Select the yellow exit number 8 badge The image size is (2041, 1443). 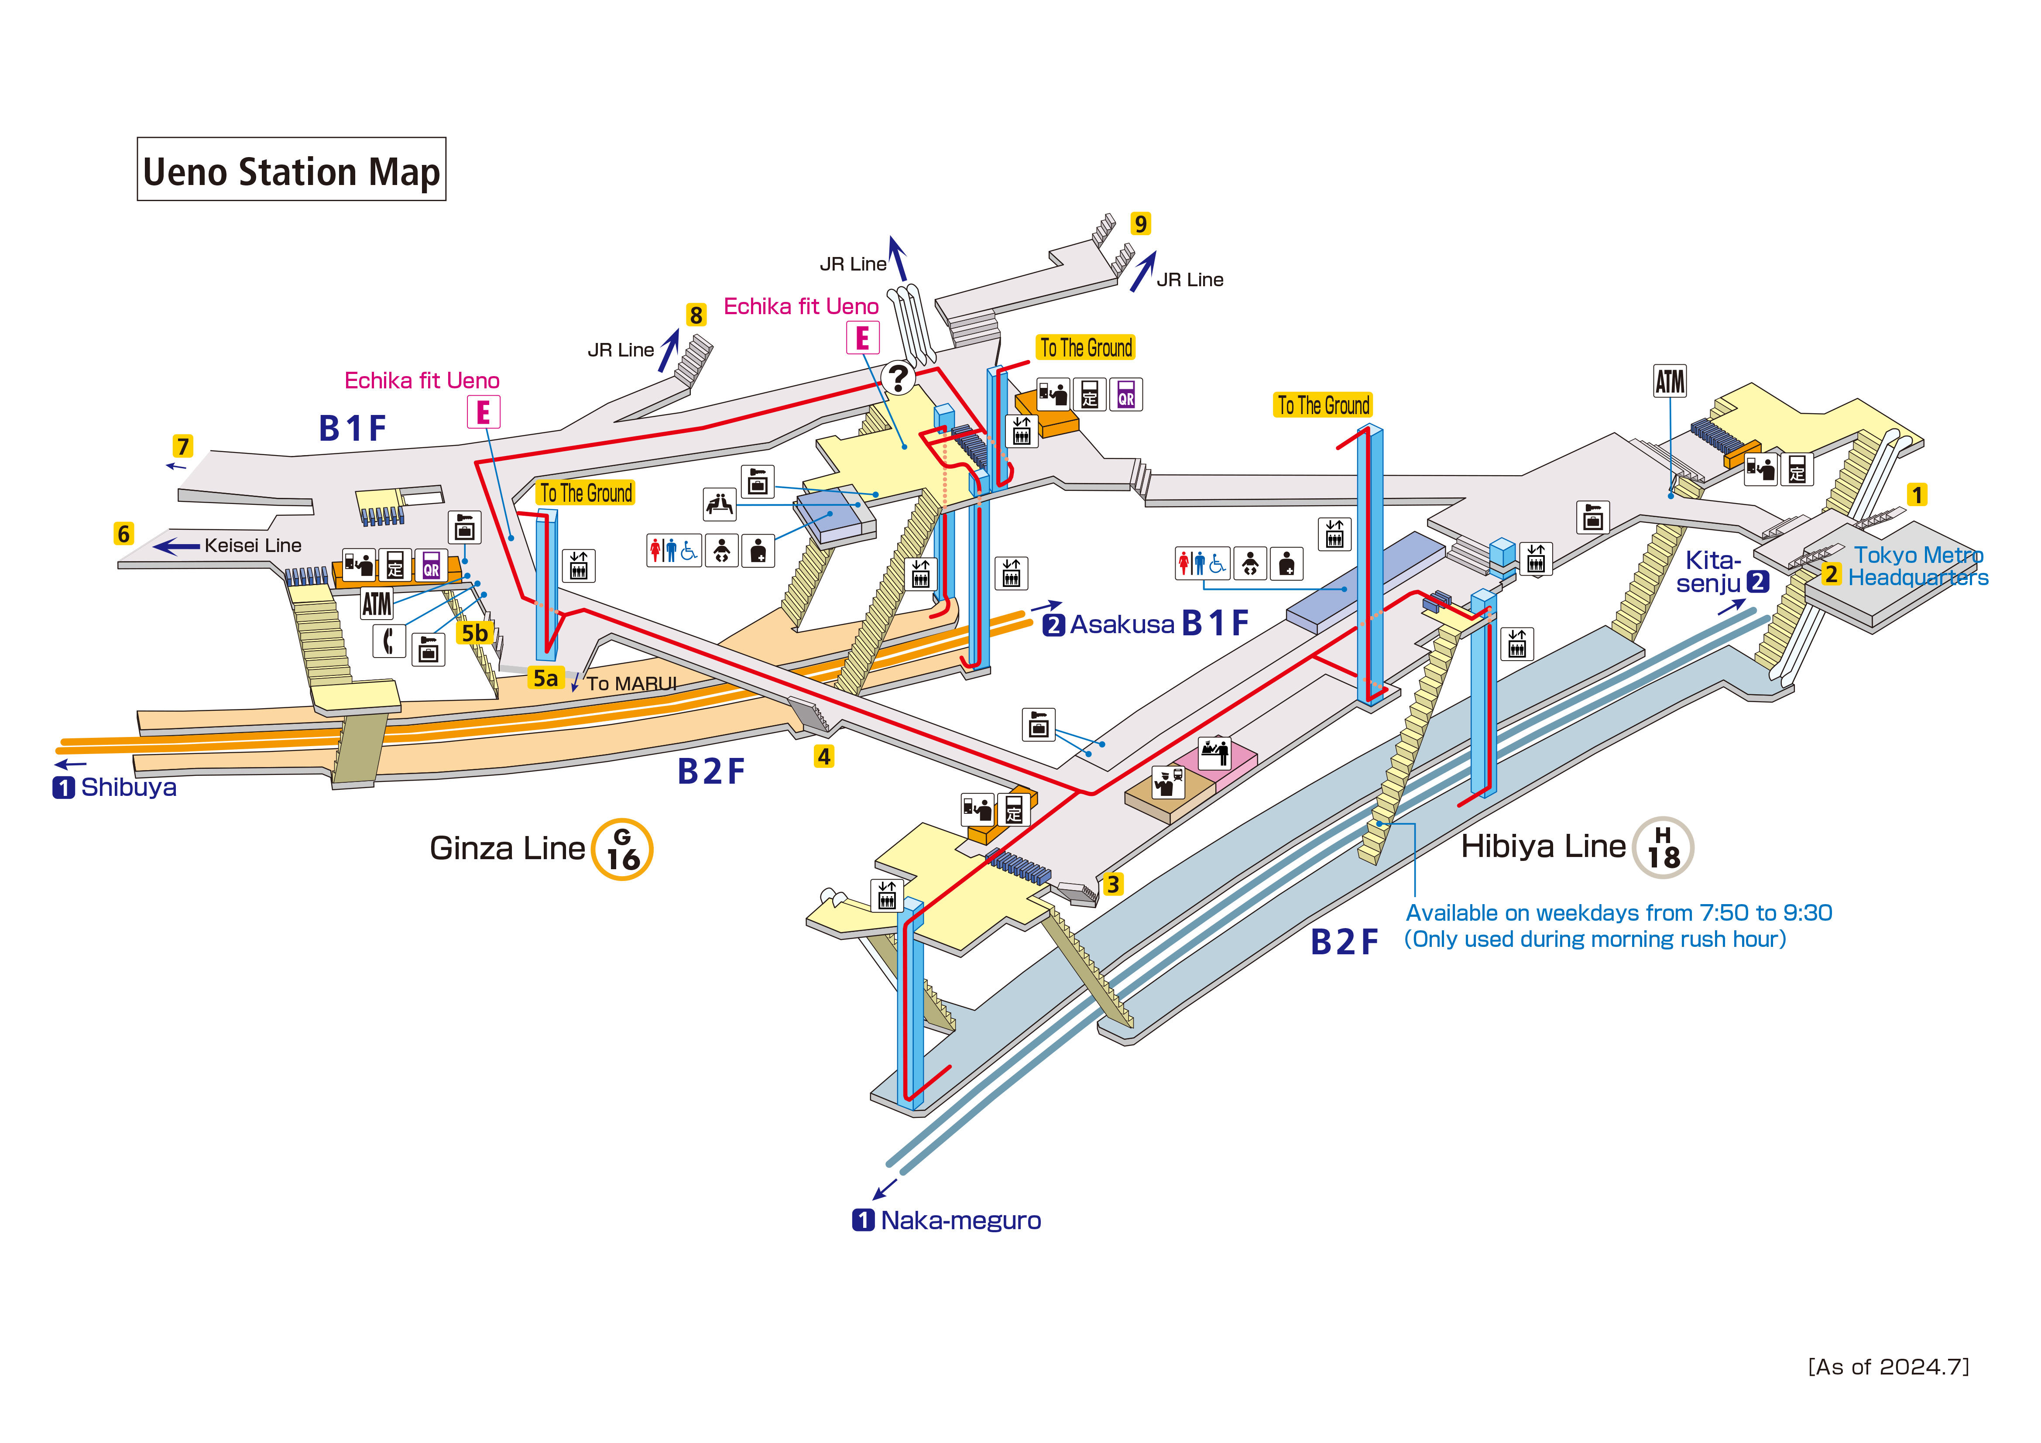[x=696, y=315]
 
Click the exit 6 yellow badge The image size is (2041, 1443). [x=123, y=534]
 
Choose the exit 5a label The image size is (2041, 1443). [x=545, y=679]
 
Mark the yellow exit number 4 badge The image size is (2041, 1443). [x=824, y=757]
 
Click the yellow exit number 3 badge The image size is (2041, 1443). [x=1112, y=884]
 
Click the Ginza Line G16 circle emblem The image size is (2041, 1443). [x=622, y=849]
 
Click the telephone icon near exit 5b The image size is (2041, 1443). [x=388, y=640]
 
